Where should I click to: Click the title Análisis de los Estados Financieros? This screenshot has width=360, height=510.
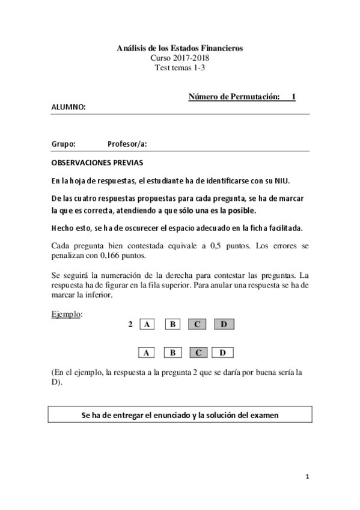click(x=180, y=48)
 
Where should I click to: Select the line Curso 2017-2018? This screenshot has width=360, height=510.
click(x=180, y=58)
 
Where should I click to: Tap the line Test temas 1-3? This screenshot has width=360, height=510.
click(x=180, y=67)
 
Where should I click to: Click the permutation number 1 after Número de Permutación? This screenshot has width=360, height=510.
click(x=293, y=96)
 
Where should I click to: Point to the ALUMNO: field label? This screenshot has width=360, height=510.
click(x=69, y=107)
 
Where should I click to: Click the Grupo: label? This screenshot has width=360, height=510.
click(x=63, y=144)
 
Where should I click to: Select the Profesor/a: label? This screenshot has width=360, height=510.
click(x=127, y=144)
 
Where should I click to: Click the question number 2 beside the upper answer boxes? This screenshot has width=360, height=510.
click(x=130, y=325)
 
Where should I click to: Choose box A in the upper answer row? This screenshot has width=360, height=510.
click(x=147, y=325)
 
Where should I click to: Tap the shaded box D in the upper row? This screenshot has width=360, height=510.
click(x=223, y=325)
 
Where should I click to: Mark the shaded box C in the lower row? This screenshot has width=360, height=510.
click(x=198, y=352)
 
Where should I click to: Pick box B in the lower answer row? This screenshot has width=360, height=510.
click(x=172, y=352)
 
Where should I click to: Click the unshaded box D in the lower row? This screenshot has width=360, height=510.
click(x=223, y=352)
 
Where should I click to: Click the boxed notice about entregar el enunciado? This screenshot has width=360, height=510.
click(x=180, y=415)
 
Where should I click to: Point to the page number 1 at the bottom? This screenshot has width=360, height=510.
click(x=307, y=478)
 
